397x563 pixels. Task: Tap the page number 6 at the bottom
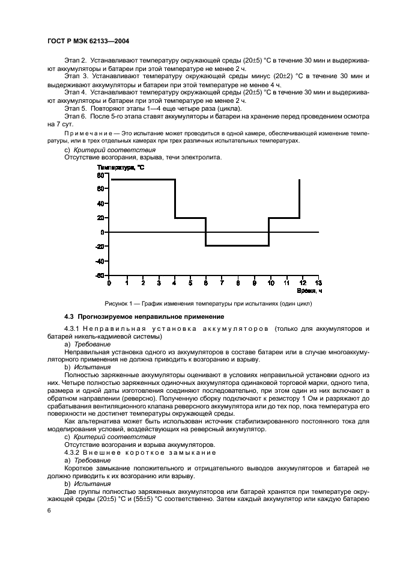click(49, 510)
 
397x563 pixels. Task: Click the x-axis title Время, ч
click(312, 291)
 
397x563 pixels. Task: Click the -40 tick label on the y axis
click(100, 261)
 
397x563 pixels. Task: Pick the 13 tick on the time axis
click(318, 282)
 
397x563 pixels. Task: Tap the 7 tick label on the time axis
click(222, 282)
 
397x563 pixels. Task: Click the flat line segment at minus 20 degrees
click(237, 245)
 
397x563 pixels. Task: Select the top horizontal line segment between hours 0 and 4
click(142, 179)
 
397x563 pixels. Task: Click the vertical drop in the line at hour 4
click(175, 198)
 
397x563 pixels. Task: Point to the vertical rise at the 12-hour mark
click(299, 198)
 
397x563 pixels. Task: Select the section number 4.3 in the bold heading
click(69, 316)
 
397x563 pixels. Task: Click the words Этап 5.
click(76, 108)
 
